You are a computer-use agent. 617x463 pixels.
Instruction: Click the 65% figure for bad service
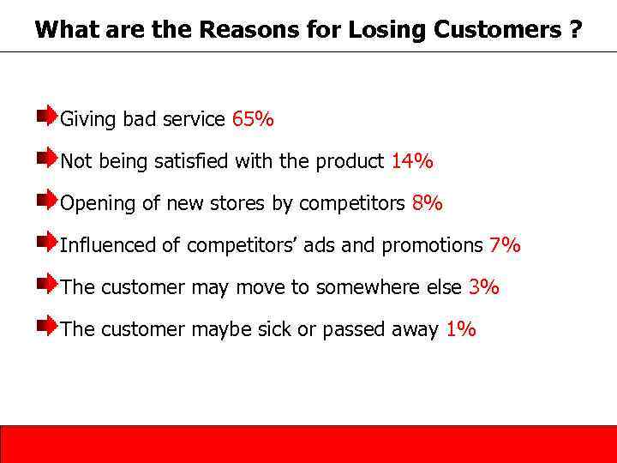coord(253,119)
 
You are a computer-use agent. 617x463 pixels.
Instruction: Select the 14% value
coord(412,161)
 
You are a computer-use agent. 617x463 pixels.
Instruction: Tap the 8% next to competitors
coord(427,203)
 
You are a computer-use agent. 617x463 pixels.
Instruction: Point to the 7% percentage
coord(505,245)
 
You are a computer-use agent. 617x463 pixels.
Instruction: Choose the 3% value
coord(484,287)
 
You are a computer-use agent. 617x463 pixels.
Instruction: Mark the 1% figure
coord(461,329)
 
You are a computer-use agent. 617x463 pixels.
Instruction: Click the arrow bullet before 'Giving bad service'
coord(48,115)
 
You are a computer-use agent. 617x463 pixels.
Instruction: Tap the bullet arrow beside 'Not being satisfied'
coord(48,157)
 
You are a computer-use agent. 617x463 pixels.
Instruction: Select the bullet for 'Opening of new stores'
coord(48,199)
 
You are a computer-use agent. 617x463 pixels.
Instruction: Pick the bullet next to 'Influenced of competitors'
coord(48,241)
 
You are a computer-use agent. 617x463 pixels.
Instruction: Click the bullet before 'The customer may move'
coord(48,283)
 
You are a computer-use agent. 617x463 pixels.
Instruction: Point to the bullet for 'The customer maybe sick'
coord(48,325)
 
